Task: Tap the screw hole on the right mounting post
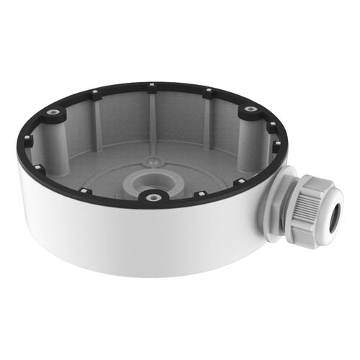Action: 250,110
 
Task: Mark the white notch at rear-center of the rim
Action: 154,88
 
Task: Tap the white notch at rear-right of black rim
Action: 207,91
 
